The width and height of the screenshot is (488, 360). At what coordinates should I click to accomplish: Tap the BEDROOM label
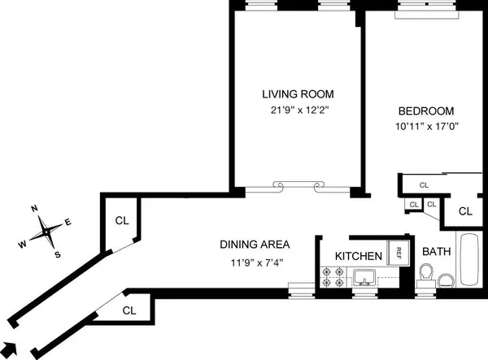(x=425, y=111)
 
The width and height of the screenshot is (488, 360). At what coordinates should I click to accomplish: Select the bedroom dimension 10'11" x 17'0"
(x=425, y=126)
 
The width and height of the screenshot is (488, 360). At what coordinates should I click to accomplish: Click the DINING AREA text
(x=255, y=244)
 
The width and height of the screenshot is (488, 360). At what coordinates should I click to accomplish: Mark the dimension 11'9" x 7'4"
(x=255, y=261)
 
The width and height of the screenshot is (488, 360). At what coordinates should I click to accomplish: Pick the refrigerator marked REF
(x=399, y=251)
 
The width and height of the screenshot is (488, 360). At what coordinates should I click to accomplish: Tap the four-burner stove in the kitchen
(x=333, y=276)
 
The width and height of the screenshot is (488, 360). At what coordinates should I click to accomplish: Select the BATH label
(x=435, y=251)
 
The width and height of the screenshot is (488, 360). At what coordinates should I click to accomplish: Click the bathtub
(x=470, y=260)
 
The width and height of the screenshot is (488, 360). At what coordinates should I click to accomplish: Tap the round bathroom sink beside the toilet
(x=446, y=280)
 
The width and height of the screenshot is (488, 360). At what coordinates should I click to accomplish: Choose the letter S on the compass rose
(x=58, y=254)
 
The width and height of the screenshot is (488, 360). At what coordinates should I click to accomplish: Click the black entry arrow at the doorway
(x=11, y=345)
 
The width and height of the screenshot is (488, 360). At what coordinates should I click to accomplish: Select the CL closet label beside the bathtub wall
(x=465, y=211)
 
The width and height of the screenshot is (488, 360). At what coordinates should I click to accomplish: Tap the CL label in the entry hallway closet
(x=129, y=310)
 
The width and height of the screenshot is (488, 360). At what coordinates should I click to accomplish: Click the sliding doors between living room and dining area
(x=296, y=188)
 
